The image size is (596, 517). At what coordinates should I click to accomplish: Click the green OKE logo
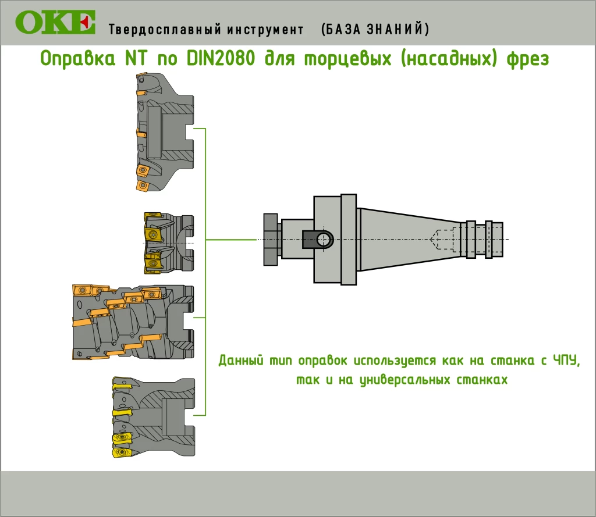click(55, 23)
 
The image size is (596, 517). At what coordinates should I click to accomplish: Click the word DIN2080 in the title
click(221, 58)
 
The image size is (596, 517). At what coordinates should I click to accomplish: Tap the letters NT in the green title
click(136, 58)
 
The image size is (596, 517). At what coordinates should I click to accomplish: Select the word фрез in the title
click(527, 59)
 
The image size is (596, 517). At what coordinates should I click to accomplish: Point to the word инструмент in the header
click(265, 29)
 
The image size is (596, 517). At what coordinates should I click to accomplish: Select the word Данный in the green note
click(240, 360)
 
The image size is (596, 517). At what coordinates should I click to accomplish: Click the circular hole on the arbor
click(324, 240)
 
